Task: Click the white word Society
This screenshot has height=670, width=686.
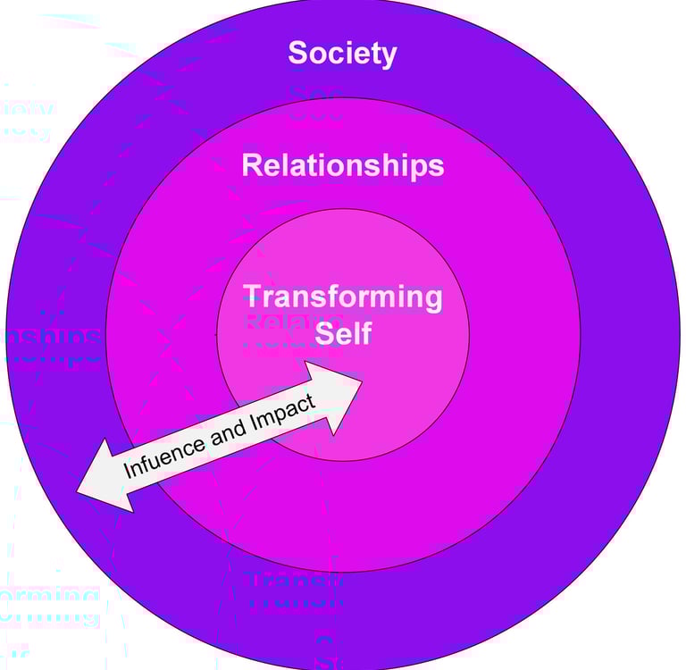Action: click(x=342, y=53)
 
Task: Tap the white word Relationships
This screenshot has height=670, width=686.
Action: click(x=342, y=165)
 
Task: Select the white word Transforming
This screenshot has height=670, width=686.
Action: click(x=342, y=297)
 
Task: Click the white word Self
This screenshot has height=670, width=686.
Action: click(x=343, y=334)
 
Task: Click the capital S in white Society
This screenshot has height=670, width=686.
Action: click(x=297, y=53)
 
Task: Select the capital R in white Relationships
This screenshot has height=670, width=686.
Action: click(x=251, y=165)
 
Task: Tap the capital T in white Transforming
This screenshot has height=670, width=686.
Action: click(x=253, y=297)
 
